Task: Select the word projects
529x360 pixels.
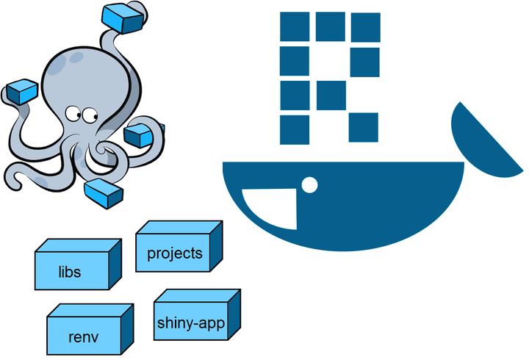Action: [174, 253]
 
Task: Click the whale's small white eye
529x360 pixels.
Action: [310, 184]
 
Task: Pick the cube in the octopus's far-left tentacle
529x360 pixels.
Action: [22, 93]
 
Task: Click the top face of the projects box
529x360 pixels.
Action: [180, 228]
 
